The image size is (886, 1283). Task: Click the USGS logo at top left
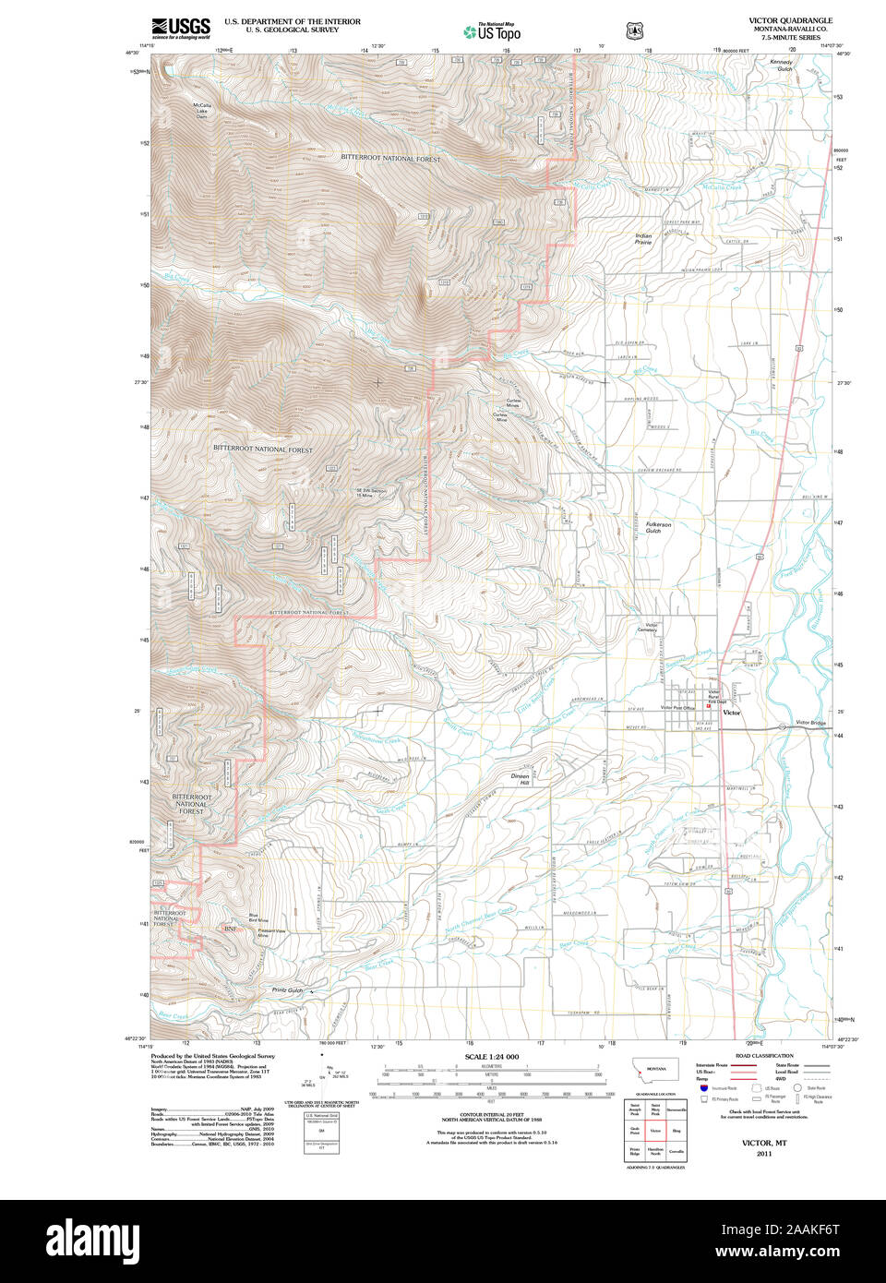(x=181, y=27)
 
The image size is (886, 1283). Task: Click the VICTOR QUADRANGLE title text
(x=790, y=20)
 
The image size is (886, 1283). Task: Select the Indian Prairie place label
(x=643, y=239)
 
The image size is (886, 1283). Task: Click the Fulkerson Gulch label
(x=658, y=527)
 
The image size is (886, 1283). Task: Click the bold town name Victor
(x=731, y=713)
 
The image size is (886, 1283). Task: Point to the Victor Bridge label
(x=810, y=723)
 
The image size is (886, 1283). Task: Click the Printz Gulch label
(x=287, y=990)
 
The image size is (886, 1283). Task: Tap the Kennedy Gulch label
(x=782, y=66)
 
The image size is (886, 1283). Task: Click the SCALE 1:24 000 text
(x=491, y=1057)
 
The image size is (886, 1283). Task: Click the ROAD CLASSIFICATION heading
(x=763, y=1056)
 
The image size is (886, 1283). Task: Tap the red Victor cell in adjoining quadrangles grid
(x=655, y=1130)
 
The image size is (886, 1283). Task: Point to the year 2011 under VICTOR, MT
(x=763, y=1154)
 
